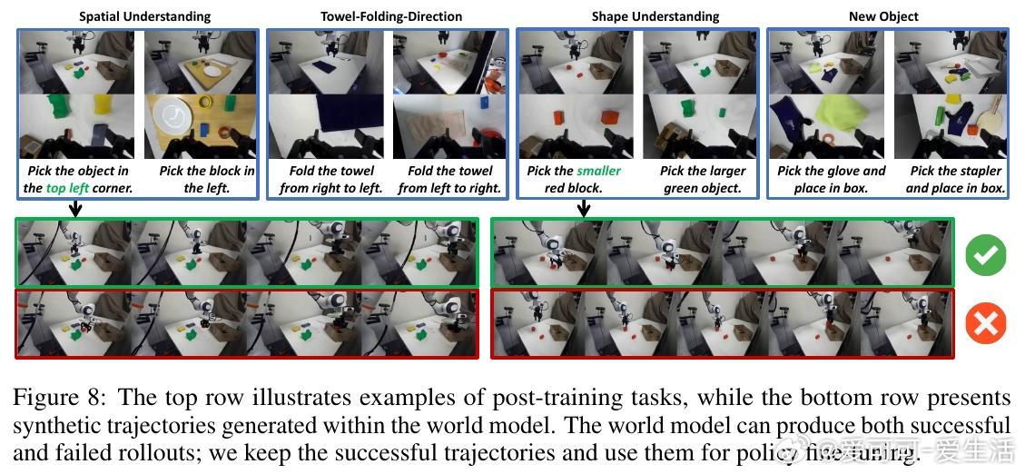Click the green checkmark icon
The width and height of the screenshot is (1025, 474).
[x=985, y=255]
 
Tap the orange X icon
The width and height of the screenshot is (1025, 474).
[x=985, y=323]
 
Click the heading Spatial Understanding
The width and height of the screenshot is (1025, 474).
[x=144, y=16]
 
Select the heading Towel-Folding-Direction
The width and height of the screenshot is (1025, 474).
[x=391, y=16]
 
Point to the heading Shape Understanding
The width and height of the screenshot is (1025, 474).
[x=655, y=16]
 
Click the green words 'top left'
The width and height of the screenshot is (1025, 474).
[x=68, y=188]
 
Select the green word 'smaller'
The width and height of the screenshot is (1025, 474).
[x=599, y=171]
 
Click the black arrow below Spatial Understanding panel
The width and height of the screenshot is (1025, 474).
[x=75, y=208]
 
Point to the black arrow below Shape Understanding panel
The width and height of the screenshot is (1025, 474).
[x=583, y=208]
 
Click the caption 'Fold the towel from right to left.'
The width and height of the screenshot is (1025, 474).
[x=331, y=179]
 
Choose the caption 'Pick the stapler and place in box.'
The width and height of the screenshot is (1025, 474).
[x=955, y=179]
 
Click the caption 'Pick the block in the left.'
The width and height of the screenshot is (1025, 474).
[x=206, y=179]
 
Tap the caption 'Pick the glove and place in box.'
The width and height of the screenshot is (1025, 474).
[x=831, y=179]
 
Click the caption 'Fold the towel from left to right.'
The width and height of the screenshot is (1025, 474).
[x=449, y=179]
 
